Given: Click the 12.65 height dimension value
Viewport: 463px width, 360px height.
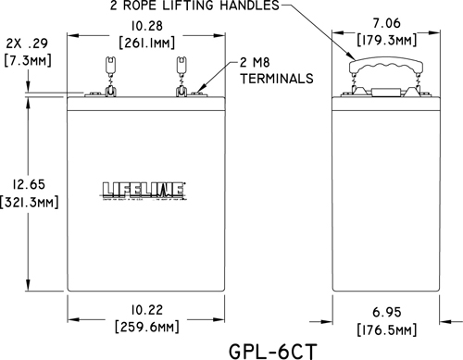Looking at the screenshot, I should click(30, 182).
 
